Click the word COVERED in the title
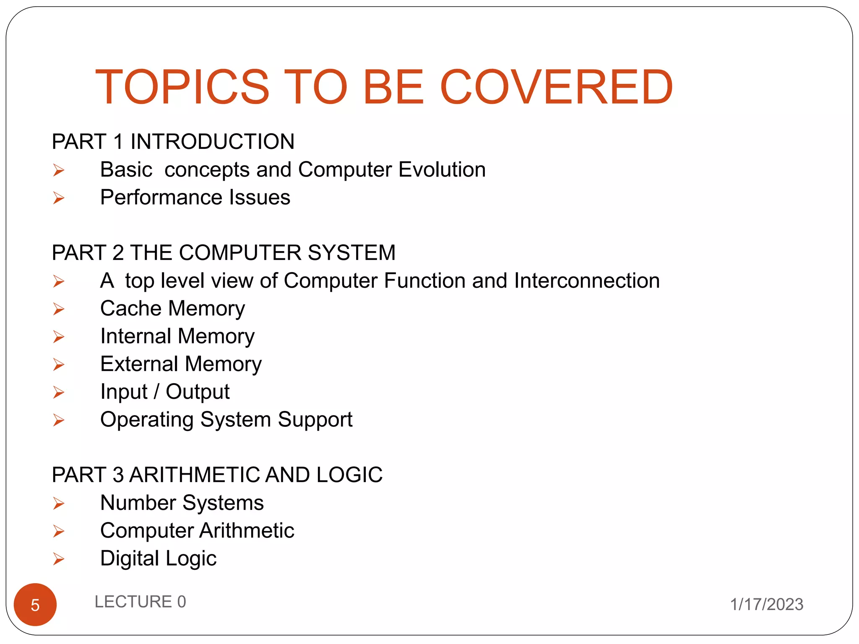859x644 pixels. point(556,87)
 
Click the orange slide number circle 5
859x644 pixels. point(35,605)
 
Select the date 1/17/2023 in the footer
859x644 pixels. point(767,604)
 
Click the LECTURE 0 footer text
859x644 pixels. point(140,602)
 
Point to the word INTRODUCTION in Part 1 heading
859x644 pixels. point(212,142)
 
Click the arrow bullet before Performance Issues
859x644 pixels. point(59,198)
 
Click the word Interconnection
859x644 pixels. point(587,280)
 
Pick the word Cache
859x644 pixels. point(131,309)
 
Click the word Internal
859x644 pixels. point(136,336)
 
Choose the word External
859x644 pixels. point(139,364)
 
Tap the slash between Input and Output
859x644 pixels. point(156,392)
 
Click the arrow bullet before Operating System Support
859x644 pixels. point(59,420)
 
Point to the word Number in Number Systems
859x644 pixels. point(138,503)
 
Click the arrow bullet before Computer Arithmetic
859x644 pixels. point(59,531)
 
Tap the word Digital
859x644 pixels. point(130,558)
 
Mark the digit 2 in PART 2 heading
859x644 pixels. point(118,253)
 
